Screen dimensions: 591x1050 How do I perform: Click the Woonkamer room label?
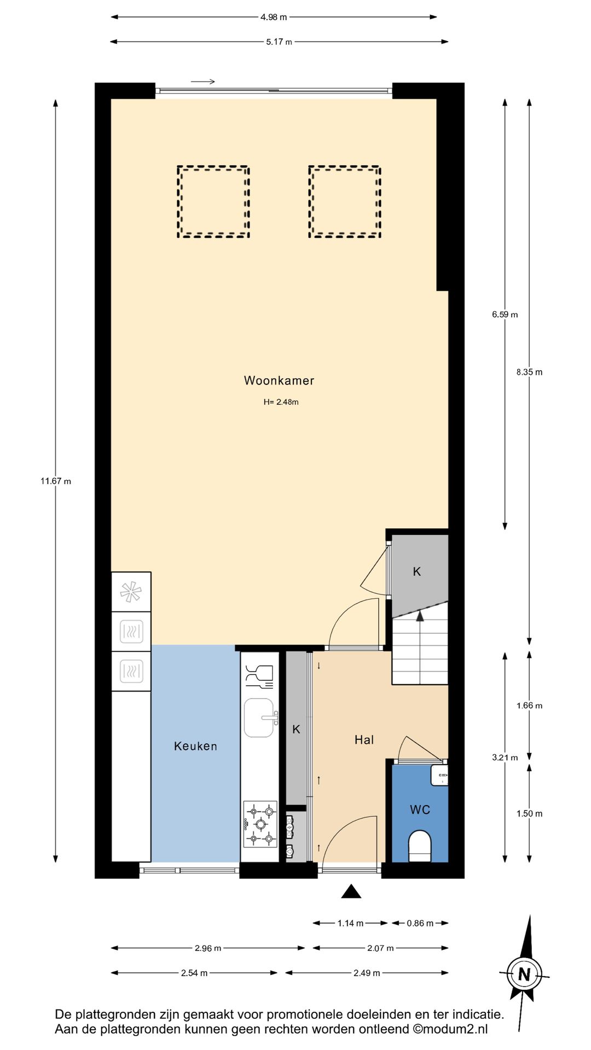[x=279, y=381]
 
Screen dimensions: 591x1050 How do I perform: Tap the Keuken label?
[x=195, y=746]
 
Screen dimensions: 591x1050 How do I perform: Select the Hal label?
[x=364, y=740]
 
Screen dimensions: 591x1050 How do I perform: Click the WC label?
[x=420, y=810]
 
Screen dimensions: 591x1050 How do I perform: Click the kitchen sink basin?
[x=259, y=717]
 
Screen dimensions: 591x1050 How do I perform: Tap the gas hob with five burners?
[x=260, y=824]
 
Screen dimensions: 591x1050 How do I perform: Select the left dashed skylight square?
[x=213, y=202]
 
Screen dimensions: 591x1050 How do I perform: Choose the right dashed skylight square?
[x=345, y=202]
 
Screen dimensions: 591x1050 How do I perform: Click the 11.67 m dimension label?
[x=56, y=481]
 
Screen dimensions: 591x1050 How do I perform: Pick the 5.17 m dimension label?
[x=279, y=42]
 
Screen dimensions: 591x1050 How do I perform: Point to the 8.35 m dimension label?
[x=529, y=372]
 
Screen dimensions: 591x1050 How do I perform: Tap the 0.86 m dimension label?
[x=420, y=923]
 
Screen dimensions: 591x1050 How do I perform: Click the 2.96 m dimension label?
[x=208, y=948]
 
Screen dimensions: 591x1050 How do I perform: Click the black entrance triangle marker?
[x=351, y=891]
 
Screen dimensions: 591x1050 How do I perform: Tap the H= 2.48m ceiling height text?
[x=281, y=402]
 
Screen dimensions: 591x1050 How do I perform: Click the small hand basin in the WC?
[x=439, y=775]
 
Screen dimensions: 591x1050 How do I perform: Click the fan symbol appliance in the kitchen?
[x=131, y=592]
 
